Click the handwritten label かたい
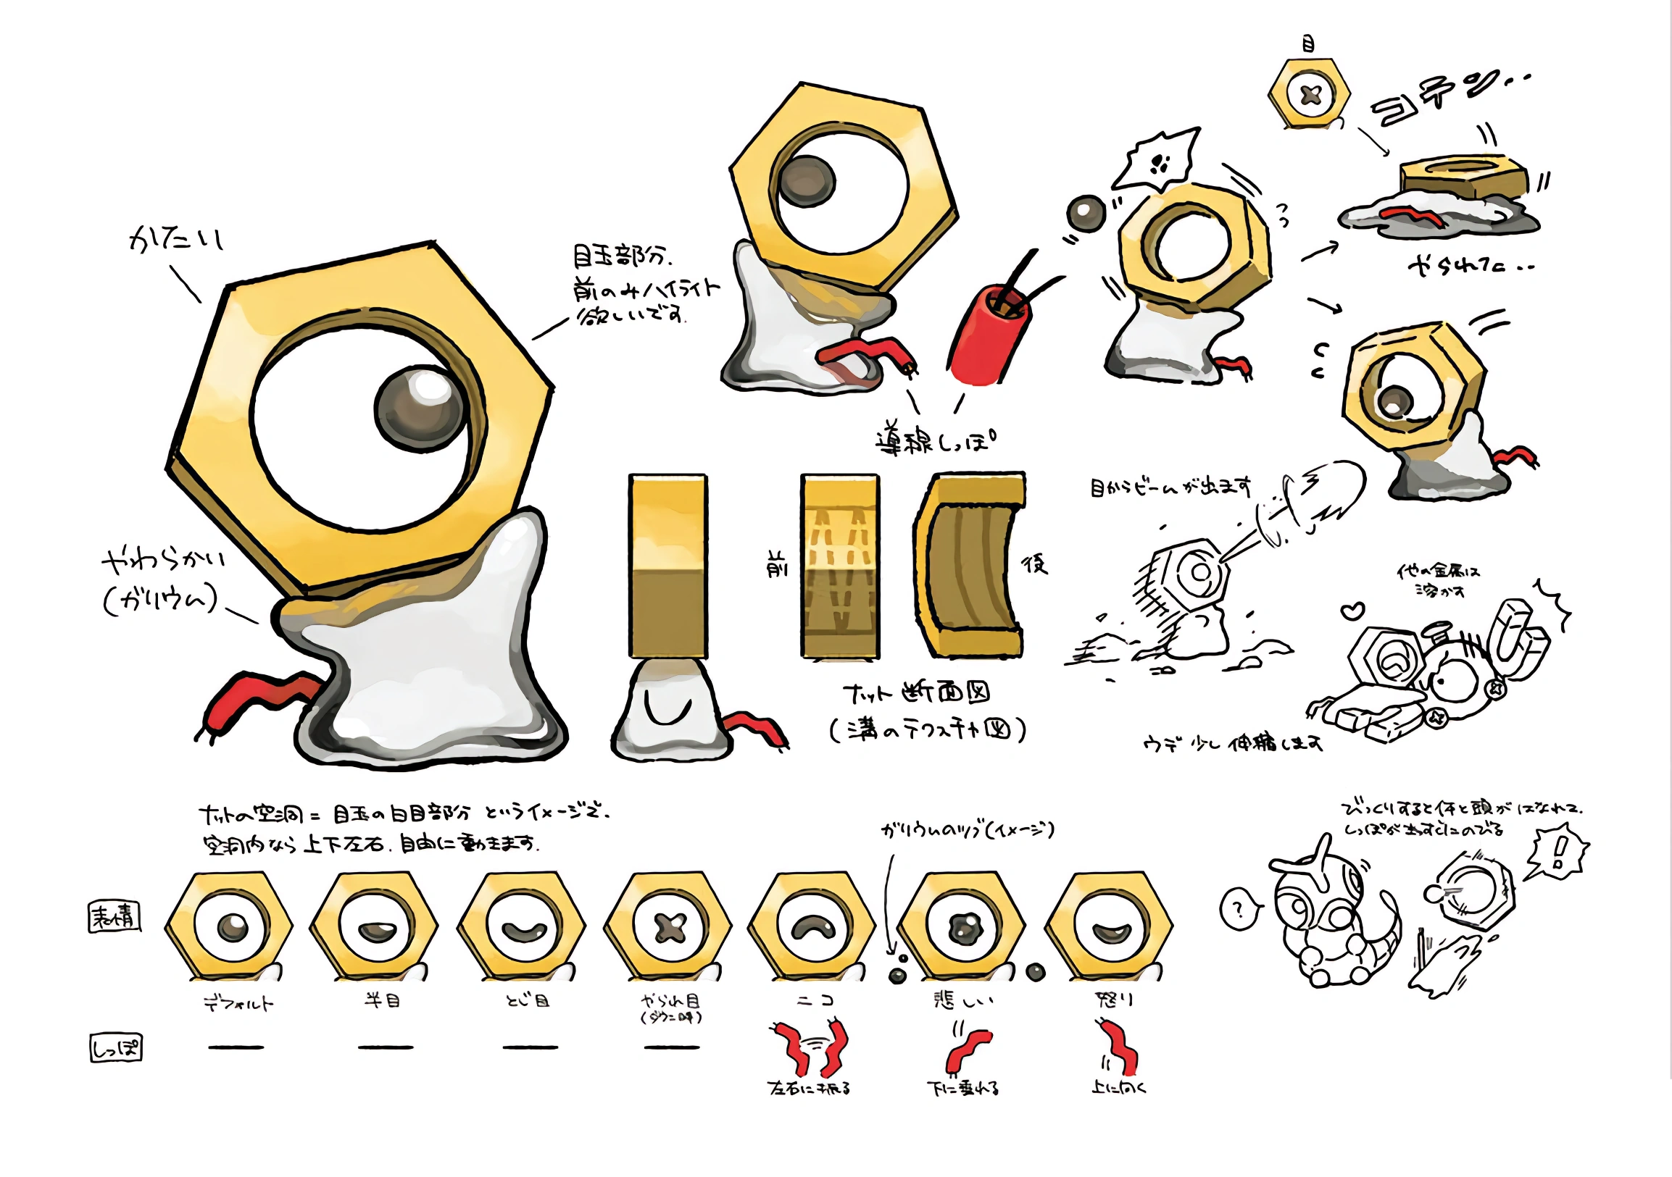tap(175, 239)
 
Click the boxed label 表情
tap(115, 917)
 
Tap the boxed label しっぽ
tap(116, 1048)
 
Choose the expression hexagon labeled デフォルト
tap(230, 926)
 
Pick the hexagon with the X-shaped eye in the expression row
tap(670, 926)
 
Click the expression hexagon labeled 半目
tap(374, 926)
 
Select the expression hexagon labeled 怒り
tap(1108, 926)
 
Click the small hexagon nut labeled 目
tap(1310, 96)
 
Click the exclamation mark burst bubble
tap(1558, 851)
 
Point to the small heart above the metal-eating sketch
tap(1353, 611)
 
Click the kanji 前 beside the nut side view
tap(778, 564)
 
